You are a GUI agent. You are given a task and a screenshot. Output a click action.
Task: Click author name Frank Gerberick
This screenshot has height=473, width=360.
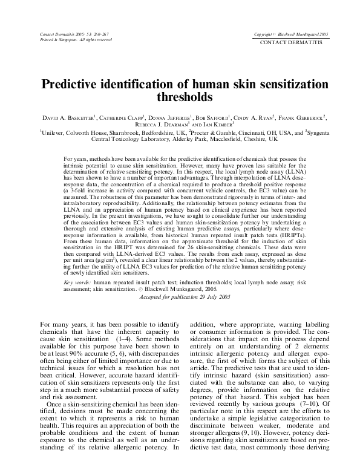pos(301,116)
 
